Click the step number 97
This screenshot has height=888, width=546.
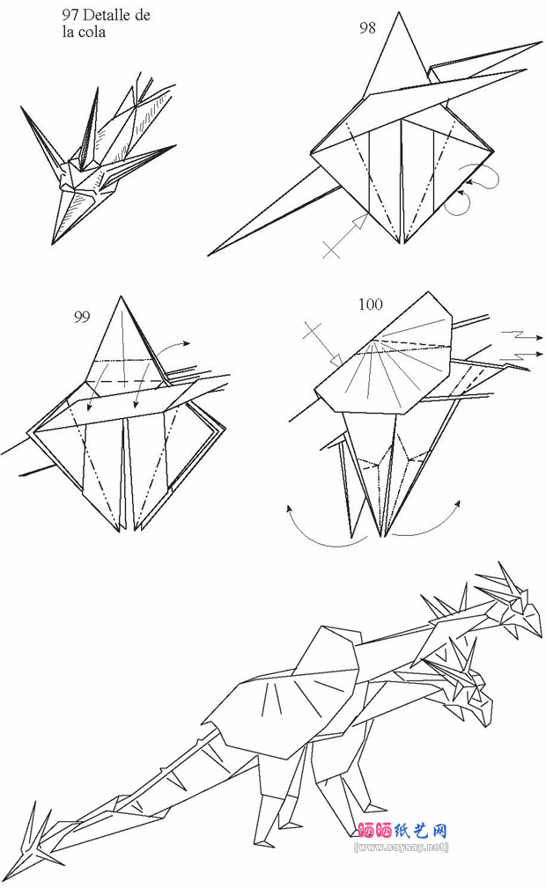pyautogui.click(x=70, y=15)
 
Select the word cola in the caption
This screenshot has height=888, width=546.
pyautogui.click(x=92, y=32)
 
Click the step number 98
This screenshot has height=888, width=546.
pyautogui.click(x=367, y=28)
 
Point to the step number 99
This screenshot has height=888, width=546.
pyautogui.click(x=82, y=317)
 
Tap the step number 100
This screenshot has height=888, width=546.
pyautogui.click(x=370, y=305)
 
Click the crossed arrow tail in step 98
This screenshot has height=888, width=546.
pyautogui.click(x=332, y=249)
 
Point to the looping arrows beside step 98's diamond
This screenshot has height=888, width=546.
pyautogui.click(x=472, y=187)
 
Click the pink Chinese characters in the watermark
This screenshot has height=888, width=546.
pyautogui.click(x=403, y=831)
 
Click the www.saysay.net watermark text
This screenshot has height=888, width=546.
pyautogui.click(x=401, y=848)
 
